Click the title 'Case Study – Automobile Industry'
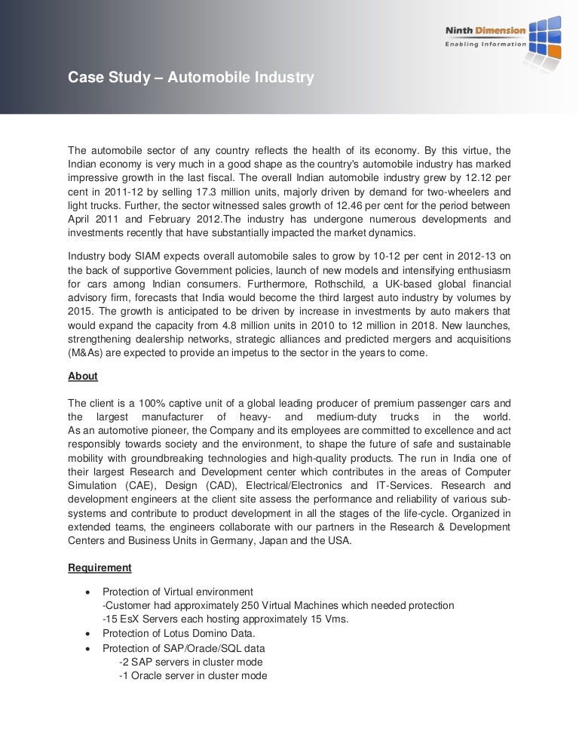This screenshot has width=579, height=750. click(x=191, y=77)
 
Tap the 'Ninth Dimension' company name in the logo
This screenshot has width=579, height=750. click(x=486, y=30)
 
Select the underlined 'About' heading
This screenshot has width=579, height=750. click(x=82, y=376)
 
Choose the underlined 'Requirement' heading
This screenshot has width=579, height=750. click(x=100, y=567)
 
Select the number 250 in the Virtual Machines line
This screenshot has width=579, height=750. click(x=240, y=605)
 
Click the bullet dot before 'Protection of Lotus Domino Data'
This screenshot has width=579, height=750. click(x=90, y=634)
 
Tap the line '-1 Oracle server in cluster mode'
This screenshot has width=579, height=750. click(x=193, y=676)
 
